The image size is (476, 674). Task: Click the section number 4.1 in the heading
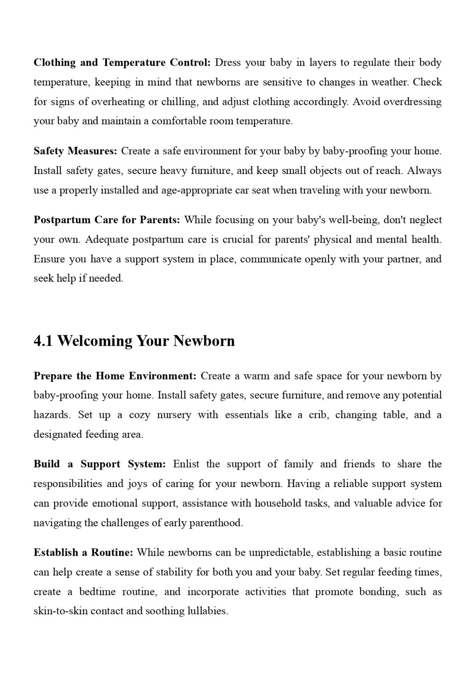coord(43,341)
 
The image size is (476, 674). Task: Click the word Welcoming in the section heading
coord(95,341)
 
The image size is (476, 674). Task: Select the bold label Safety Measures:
coord(75,151)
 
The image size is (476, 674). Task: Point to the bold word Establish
coord(56,552)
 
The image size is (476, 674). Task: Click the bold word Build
coord(47,464)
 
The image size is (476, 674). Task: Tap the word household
coord(278,503)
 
